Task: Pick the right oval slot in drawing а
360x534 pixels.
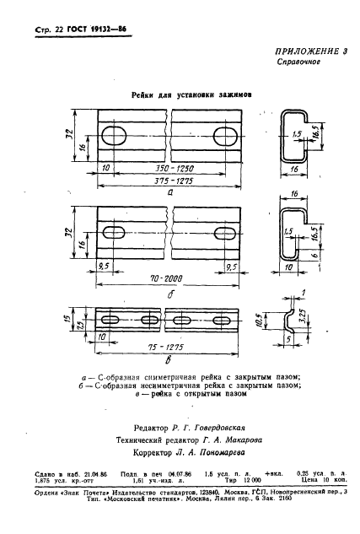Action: tap(226, 135)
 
